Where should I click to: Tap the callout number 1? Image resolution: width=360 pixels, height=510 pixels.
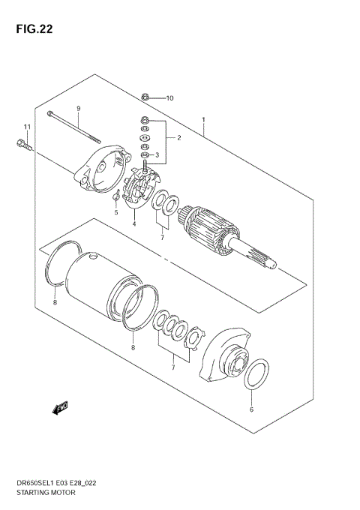pyautogui.click(x=203, y=119)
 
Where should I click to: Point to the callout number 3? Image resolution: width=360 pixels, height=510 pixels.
pyautogui.click(x=157, y=155)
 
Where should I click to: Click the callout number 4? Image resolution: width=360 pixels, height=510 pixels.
pyautogui.click(x=134, y=223)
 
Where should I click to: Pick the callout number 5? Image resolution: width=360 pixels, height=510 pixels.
pyautogui.click(x=116, y=212)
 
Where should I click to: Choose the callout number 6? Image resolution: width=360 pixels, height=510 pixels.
pyautogui.click(x=251, y=410)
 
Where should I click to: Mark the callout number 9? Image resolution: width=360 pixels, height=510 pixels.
pyautogui.click(x=77, y=108)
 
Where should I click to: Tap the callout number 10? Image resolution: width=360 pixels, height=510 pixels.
pyautogui.click(x=169, y=98)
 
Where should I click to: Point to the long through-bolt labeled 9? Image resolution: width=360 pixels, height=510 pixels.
pyautogui.click(x=75, y=124)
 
